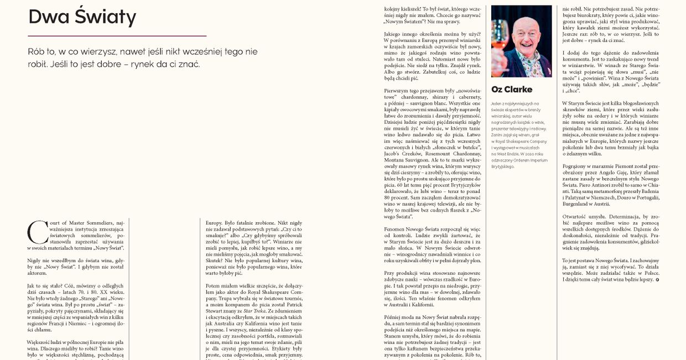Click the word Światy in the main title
tap(106, 17)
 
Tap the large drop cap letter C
tap(38, 232)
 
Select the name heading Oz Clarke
tap(512, 90)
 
